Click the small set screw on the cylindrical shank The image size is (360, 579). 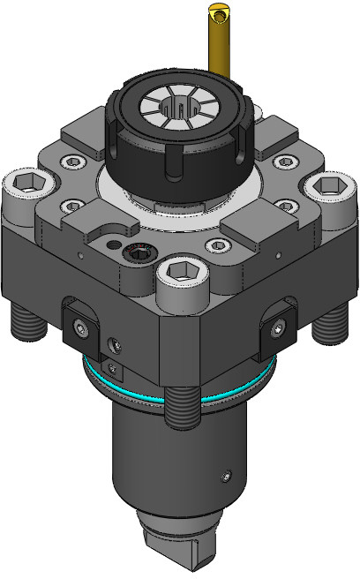click(x=226, y=477)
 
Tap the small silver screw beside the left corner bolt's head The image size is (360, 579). click(x=69, y=162)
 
